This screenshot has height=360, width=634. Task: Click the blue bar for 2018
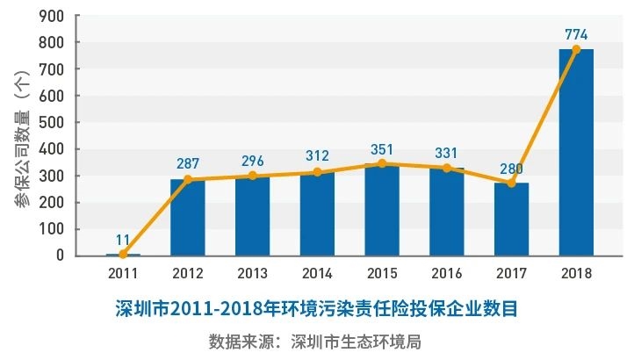(576, 153)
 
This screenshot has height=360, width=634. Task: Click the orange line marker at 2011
(122, 255)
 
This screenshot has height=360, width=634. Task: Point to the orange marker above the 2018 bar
(576, 49)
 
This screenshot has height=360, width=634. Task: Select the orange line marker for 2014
(317, 172)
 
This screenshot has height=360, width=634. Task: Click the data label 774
(576, 34)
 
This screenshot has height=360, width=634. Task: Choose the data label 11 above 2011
(122, 239)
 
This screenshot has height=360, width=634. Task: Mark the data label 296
(252, 162)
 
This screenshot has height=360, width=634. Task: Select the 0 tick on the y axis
(58, 256)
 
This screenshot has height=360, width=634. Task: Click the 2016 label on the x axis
(446, 273)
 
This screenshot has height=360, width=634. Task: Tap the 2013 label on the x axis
(252, 273)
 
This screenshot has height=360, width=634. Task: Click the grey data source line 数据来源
(315, 340)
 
